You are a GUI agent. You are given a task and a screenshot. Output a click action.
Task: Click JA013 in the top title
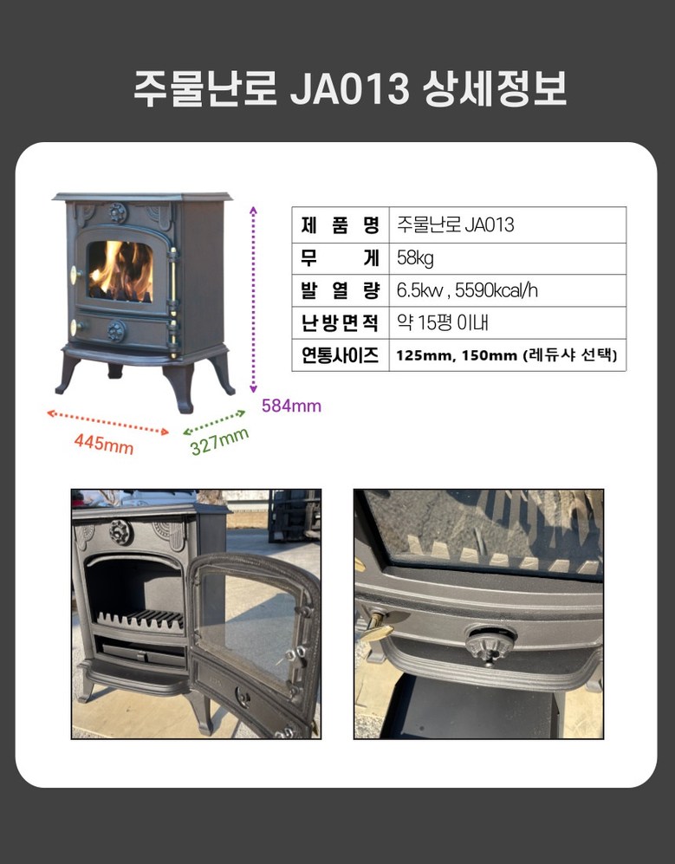(x=349, y=88)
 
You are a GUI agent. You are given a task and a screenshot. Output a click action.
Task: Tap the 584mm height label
(x=291, y=406)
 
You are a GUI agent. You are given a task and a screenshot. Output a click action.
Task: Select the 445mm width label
(x=104, y=443)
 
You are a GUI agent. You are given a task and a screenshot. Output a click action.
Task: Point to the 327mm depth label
(x=219, y=441)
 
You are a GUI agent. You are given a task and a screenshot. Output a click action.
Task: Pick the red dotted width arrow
(x=108, y=422)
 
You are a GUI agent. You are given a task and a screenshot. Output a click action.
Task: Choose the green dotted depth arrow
(x=214, y=422)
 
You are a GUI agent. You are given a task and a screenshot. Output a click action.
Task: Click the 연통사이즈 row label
(x=340, y=354)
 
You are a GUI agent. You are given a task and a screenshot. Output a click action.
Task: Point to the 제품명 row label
(x=340, y=224)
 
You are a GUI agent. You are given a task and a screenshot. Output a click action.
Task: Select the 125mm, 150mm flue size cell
(x=506, y=354)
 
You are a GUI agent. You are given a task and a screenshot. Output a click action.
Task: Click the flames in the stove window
(x=120, y=270)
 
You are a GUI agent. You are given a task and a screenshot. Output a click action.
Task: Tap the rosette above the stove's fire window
(x=117, y=212)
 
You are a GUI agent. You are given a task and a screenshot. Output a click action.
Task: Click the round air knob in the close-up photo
(x=490, y=643)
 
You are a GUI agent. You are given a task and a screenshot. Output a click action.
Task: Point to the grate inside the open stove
(x=140, y=620)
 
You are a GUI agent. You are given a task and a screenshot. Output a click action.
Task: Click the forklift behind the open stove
(x=295, y=516)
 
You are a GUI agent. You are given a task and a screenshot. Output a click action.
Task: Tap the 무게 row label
(x=340, y=258)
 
